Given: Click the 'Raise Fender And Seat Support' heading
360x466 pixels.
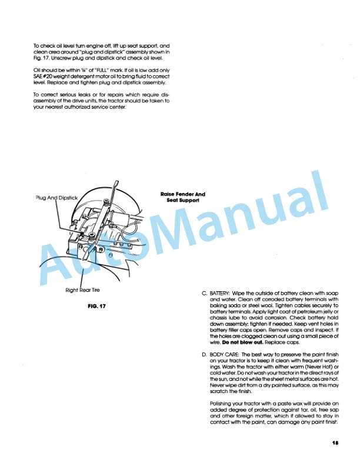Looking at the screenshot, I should point(183,197).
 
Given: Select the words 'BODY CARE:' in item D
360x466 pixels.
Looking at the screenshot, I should point(225,355).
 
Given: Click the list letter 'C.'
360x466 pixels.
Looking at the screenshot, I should point(204,293).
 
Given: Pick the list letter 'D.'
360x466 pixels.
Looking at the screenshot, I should point(204,355).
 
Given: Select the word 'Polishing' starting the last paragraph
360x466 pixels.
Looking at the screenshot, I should point(222,403).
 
